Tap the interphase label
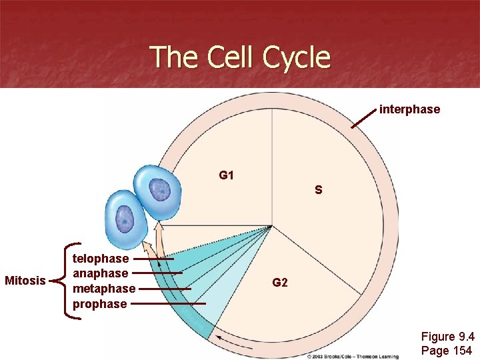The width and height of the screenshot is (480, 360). (409, 109)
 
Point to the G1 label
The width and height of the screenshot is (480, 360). (227, 175)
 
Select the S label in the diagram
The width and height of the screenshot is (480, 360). (319, 190)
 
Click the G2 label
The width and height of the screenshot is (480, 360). (280, 283)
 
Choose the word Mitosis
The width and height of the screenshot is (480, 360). (25, 281)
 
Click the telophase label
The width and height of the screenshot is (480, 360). (101, 258)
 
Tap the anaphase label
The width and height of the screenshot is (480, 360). (101, 273)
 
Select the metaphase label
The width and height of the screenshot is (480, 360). (104, 289)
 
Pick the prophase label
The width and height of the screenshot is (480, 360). (100, 304)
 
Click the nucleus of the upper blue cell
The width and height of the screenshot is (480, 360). (160, 191)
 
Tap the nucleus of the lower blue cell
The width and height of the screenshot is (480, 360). (125, 217)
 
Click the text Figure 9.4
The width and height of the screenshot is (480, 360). (447, 337)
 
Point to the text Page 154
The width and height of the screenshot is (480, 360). (446, 351)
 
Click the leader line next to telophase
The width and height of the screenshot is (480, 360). (153, 258)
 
